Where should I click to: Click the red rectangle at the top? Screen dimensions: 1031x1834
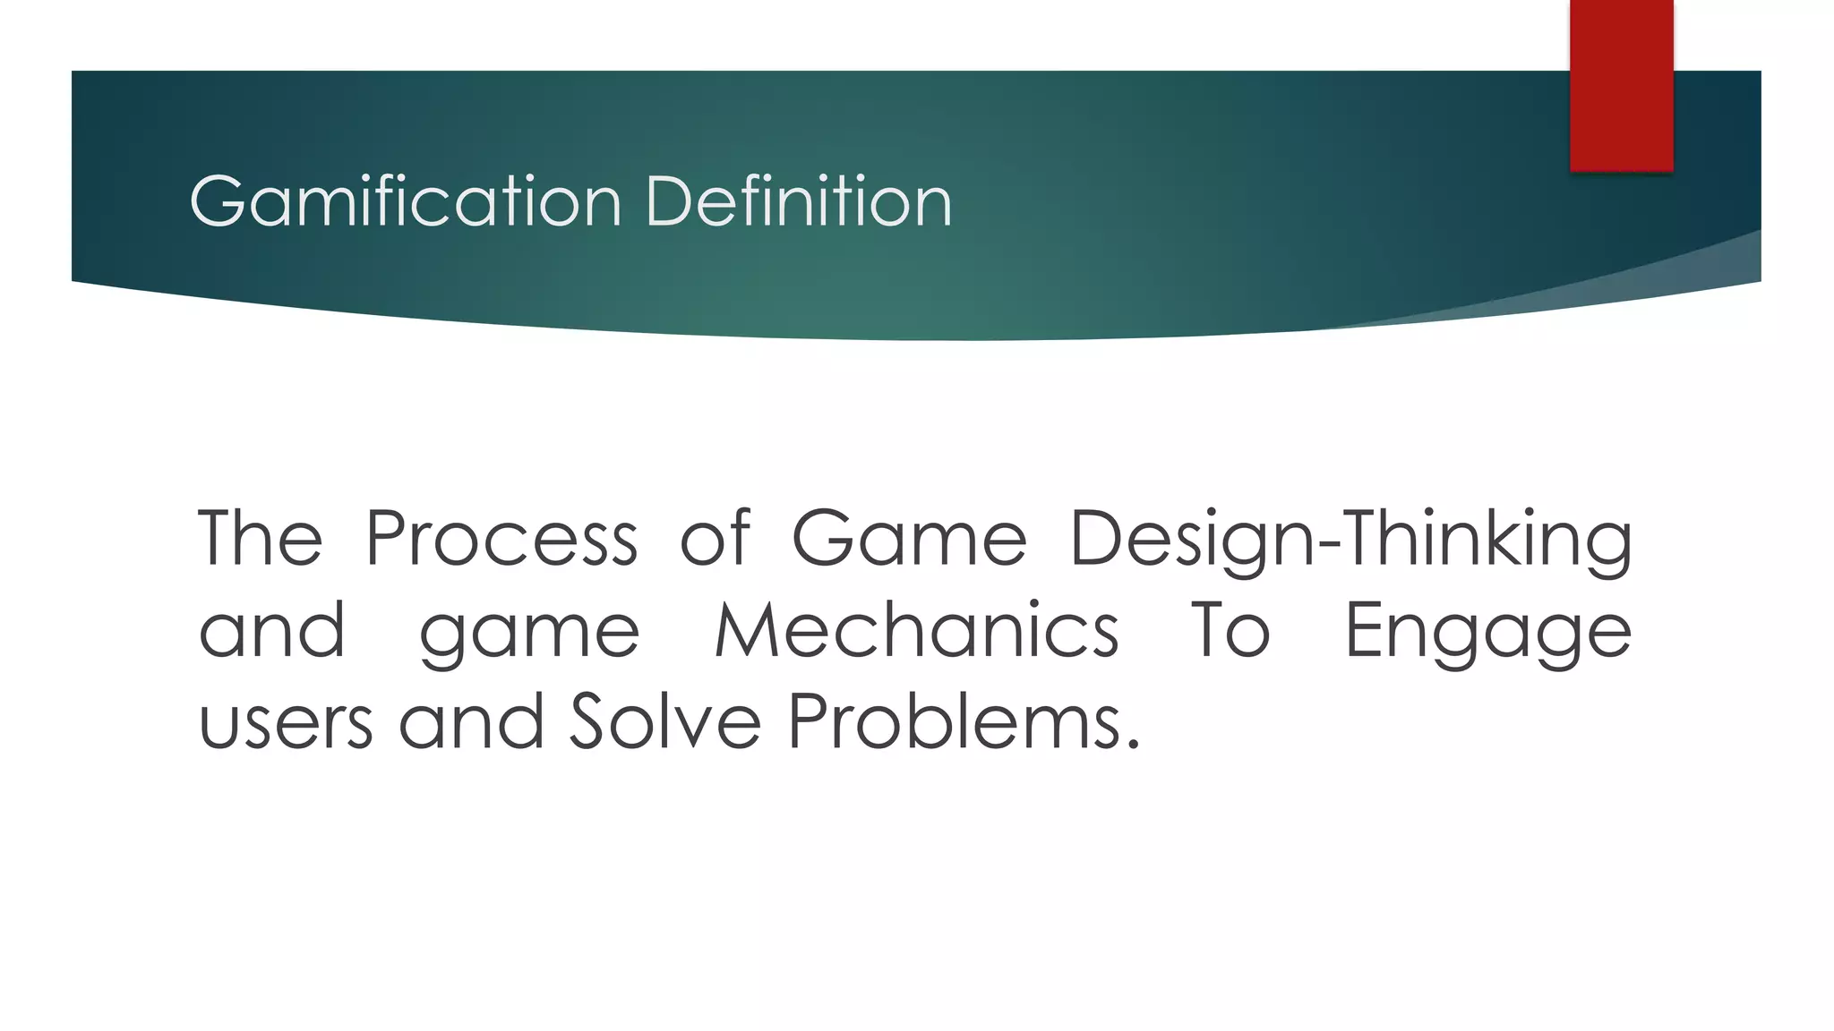1621,85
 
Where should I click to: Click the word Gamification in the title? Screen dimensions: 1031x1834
406,201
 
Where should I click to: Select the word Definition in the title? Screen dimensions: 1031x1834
798,201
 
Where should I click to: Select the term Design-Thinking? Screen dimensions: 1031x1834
1350,540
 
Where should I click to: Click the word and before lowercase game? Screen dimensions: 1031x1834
272,631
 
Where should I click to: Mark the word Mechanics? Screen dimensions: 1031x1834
916,631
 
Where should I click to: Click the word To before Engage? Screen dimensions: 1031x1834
1230,631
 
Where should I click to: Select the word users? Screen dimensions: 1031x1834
286,723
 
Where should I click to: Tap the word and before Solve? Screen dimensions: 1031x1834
471,721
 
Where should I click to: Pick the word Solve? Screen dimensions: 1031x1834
664,721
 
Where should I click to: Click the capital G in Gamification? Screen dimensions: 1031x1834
218,201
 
